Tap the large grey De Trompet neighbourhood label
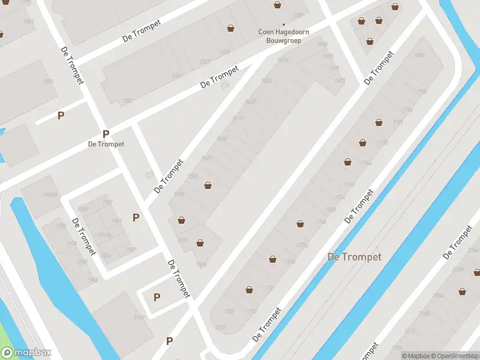pos(355,257)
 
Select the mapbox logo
pos(26,353)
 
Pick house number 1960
pos(139,318)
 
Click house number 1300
pos(127,101)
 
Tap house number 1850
pos(48,81)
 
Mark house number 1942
pos(92,280)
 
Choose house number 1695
pos(340,80)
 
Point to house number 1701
pos(221,327)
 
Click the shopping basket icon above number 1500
pos(200,243)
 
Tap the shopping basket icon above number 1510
pos(181,220)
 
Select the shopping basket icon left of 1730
pos(273,259)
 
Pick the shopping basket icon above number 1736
pos(300,224)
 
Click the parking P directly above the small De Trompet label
pos(106,134)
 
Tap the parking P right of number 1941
pos(136,217)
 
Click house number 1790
pos(421,92)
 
